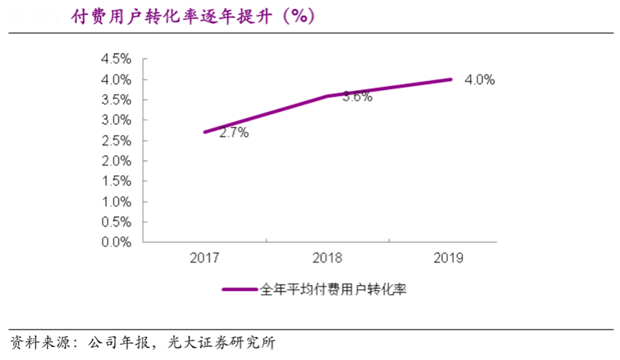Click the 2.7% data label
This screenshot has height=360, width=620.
pos(233,133)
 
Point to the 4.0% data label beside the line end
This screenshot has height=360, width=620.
pos(480,80)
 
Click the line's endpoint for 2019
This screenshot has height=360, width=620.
pos(451,79)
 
